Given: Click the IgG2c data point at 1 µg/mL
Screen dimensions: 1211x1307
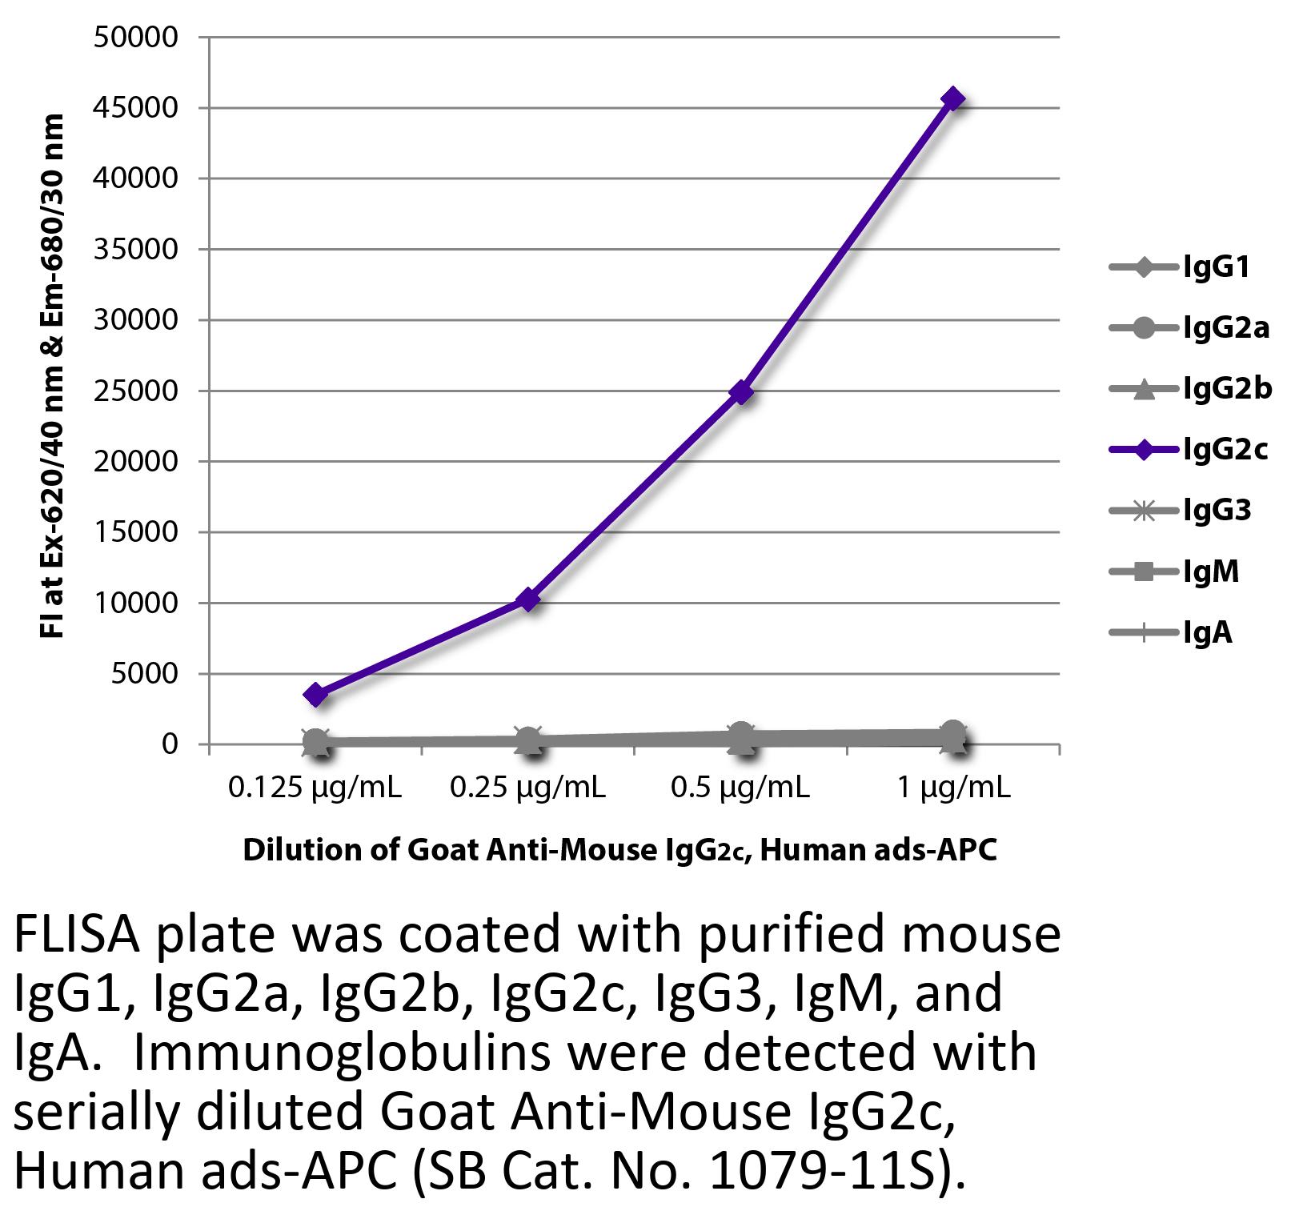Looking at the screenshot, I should (x=952, y=99).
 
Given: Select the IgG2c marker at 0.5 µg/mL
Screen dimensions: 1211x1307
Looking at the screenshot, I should (x=742, y=391).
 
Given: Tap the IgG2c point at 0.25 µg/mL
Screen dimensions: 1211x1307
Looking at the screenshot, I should (x=528, y=599).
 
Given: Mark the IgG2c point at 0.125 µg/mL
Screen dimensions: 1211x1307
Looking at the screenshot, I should (x=316, y=694).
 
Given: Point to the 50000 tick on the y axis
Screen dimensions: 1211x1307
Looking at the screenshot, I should (x=136, y=38).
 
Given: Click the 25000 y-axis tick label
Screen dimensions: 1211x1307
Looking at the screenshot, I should (x=136, y=391).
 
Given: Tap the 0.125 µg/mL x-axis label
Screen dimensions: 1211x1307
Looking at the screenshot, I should (x=315, y=788).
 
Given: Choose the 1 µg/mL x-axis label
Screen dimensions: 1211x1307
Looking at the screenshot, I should (x=953, y=788).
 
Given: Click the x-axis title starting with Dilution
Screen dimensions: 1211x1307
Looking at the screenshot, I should (x=619, y=849).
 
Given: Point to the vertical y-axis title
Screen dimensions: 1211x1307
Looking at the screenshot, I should (x=51, y=376).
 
